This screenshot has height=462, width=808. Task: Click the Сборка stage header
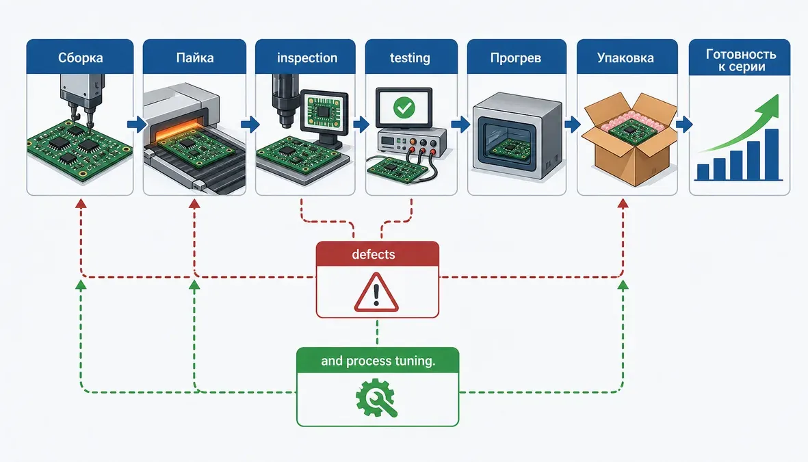click(x=80, y=57)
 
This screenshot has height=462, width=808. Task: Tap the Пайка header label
click(x=195, y=57)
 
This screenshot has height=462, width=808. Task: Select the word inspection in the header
click(x=307, y=57)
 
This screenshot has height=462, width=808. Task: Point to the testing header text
click(x=410, y=57)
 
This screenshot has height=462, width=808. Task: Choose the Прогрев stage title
click(x=516, y=57)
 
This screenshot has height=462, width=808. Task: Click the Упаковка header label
click(x=625, y=57)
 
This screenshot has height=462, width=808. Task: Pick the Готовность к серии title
click(x=741, y=60)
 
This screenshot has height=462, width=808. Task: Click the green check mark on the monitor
click(x=404, y=107)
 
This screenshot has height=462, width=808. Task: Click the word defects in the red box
click(x=374, y=254)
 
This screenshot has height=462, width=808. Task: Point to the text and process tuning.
click(x=378, y=361)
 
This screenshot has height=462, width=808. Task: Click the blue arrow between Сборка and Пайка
click(x=137, y=125)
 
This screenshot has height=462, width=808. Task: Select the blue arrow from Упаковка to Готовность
click(x=683, y=125)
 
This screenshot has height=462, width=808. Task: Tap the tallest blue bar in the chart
click(x=772, y=154)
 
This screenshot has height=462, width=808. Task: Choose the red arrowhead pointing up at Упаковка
click(x=623, y=204)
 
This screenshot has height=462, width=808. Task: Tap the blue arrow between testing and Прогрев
click(x=460, y=125)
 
